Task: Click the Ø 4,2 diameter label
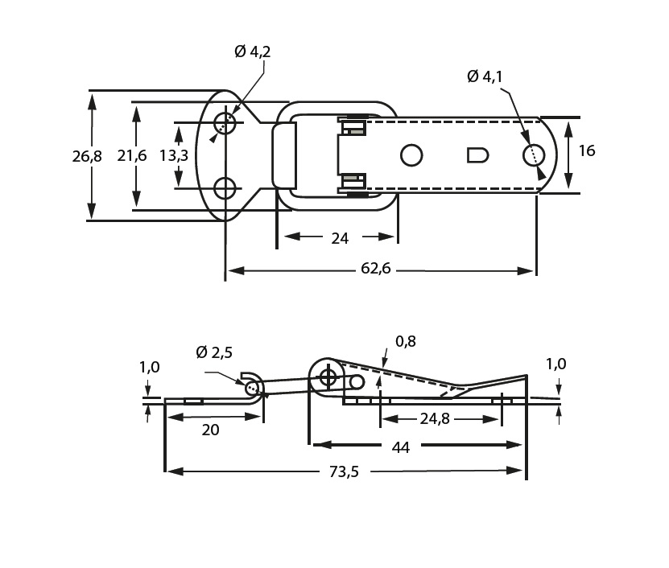(x=252, y=51)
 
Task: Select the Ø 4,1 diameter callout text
(x=485, y=76)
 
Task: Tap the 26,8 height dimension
(x=87, y=156)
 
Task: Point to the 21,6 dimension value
(x=132, y=156)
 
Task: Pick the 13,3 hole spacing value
(x=173, y=156)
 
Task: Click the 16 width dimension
(x=587, y=150)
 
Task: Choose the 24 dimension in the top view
(x=340, y=237)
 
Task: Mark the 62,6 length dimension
(x=375, y=269)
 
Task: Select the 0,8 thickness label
(x=406, y=341)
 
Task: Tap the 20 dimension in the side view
(x=210, y=430)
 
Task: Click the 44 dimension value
(x=400, y=447)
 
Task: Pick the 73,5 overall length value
(x=344, y=471)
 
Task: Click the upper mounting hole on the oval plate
(x=225, y=123)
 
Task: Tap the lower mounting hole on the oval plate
(x=225, y=188)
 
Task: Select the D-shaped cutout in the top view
(x=477, y=154)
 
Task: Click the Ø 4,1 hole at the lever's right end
(x=533, y=154)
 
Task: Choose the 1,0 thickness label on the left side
(x=150, y=367)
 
